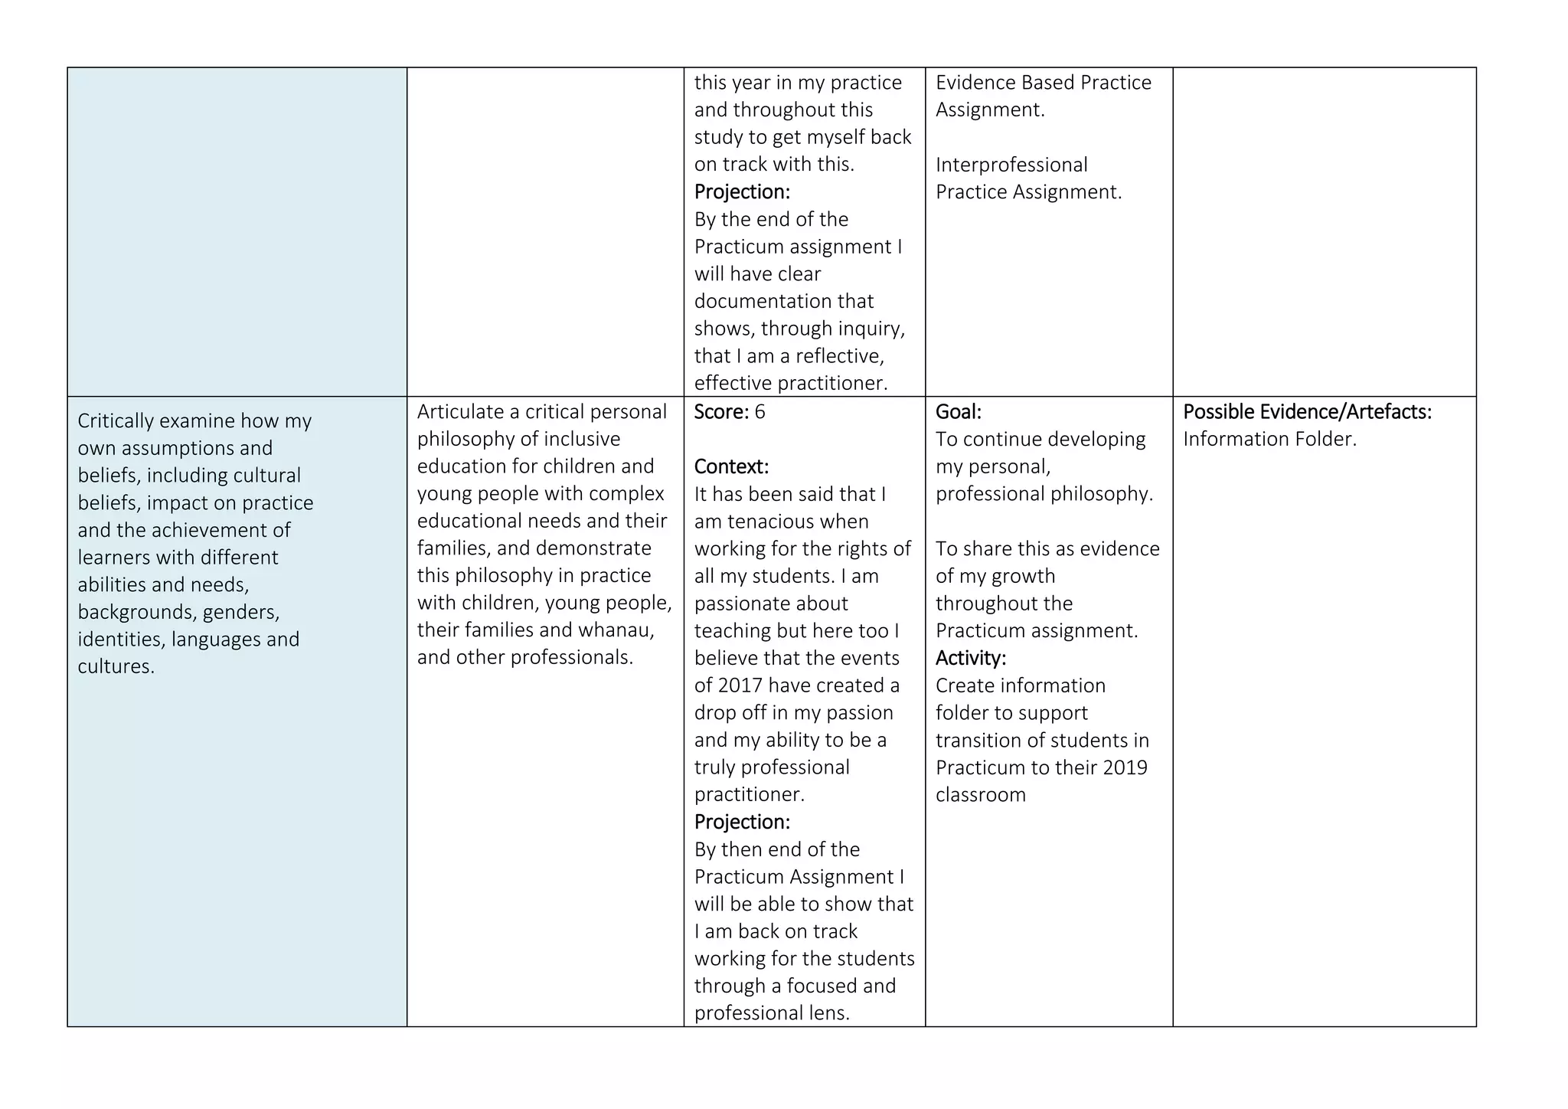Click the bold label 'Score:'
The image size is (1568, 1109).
click(720, 412)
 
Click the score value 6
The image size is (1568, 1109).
click(759, 412)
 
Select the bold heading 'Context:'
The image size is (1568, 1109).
click(730, 466)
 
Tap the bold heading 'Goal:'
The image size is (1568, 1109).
click(958, 412)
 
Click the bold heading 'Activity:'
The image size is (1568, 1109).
click(970, 658)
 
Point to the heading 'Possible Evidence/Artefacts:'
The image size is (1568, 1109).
click(1307, 412)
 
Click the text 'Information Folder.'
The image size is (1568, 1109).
click(1269, 439)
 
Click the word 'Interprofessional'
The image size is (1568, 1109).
click(1011, 165)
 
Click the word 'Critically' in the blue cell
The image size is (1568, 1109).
click(117, 421)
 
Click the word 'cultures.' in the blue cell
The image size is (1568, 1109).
click(116, 666)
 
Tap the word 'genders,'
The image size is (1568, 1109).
click(240, 612)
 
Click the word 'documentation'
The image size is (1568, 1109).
click(783, 302)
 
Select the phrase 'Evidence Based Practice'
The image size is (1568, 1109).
click(1043, 83)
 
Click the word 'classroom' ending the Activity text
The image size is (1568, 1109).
click(980, 795)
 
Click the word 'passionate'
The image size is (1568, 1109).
click(770, 604)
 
